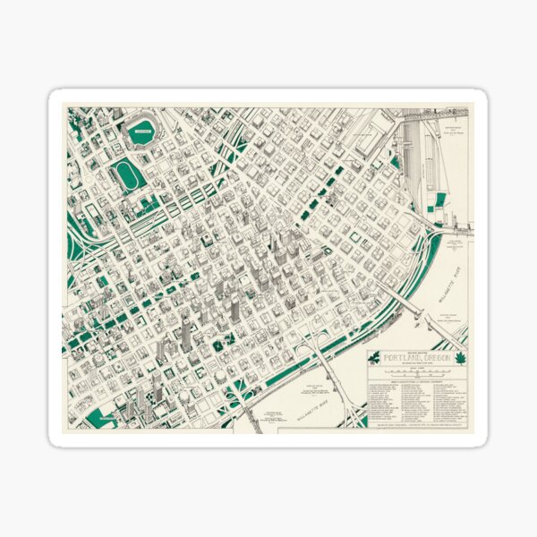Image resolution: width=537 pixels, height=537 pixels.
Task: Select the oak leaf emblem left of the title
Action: [375, 358]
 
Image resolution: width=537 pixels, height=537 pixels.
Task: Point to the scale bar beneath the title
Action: [418, 371]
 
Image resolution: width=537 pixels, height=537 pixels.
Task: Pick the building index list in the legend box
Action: [418, 397]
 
